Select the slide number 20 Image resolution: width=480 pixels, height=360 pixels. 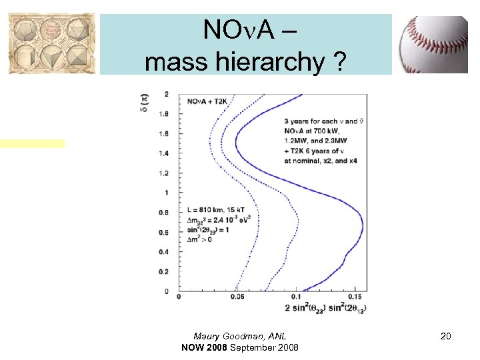pyautogui.click(x=445, y=337)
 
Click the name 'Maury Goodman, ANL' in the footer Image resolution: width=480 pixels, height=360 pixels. pyautogui.click(x=239, y=337)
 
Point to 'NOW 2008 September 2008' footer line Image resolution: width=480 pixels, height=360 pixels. pyautogui.click(x=239, y=348)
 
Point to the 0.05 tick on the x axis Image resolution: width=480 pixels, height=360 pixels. pyautogui.click(x=237, y=297)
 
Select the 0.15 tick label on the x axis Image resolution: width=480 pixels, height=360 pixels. pyautogui.click(x=355, y=297)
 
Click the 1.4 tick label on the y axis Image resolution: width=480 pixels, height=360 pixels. pyautogui.click(x=163, y=153)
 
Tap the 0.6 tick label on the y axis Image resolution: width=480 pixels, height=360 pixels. pyautogui.click(x=163, y=232)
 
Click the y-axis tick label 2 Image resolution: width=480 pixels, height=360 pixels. pyautogui.click(x=166, y=94)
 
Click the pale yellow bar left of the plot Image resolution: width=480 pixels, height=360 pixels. pyautogui.click(x=33, y=143)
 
